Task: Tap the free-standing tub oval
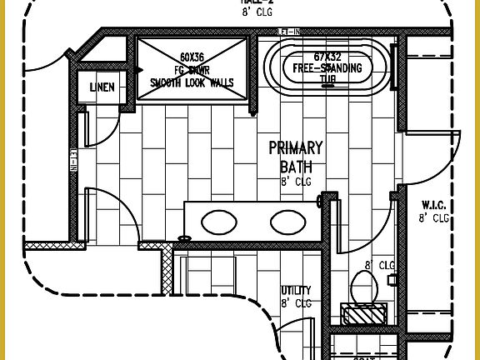(x=327, y=66)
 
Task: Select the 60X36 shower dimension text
(x=192, y=57)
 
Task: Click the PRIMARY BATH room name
(x=296, y=157)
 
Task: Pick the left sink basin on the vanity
(x=218, y=222)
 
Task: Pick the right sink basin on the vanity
(x=287, y=222)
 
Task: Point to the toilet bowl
(x=364, y=287)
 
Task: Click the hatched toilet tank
(x=364, y=314)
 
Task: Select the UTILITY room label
(x=296, y=291)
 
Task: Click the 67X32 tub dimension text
(x=327, y=55)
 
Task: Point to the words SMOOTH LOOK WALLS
(x=192, y=82)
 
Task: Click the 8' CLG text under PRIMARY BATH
(x=296, y=181)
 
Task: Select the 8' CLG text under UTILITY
(x=296, y=304)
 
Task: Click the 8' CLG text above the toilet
(x=379, y=266)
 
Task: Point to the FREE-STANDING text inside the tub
(x=327, y=67)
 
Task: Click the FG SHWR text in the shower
(x=192, y=70)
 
